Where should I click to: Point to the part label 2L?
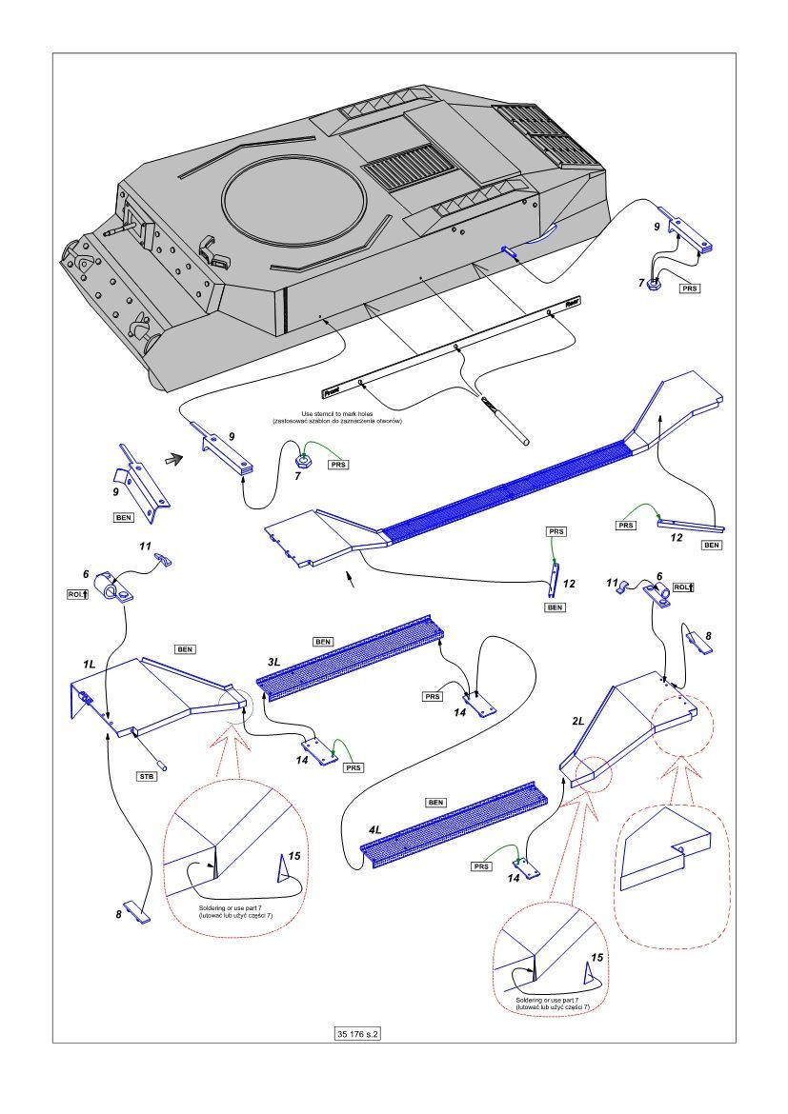578,722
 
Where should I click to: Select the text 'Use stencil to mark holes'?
354,413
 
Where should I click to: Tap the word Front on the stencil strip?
332,389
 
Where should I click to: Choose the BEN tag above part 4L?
437,802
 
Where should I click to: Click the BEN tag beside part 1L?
186,648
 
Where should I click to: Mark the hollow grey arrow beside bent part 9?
172,460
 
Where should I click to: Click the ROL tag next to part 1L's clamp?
79,594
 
